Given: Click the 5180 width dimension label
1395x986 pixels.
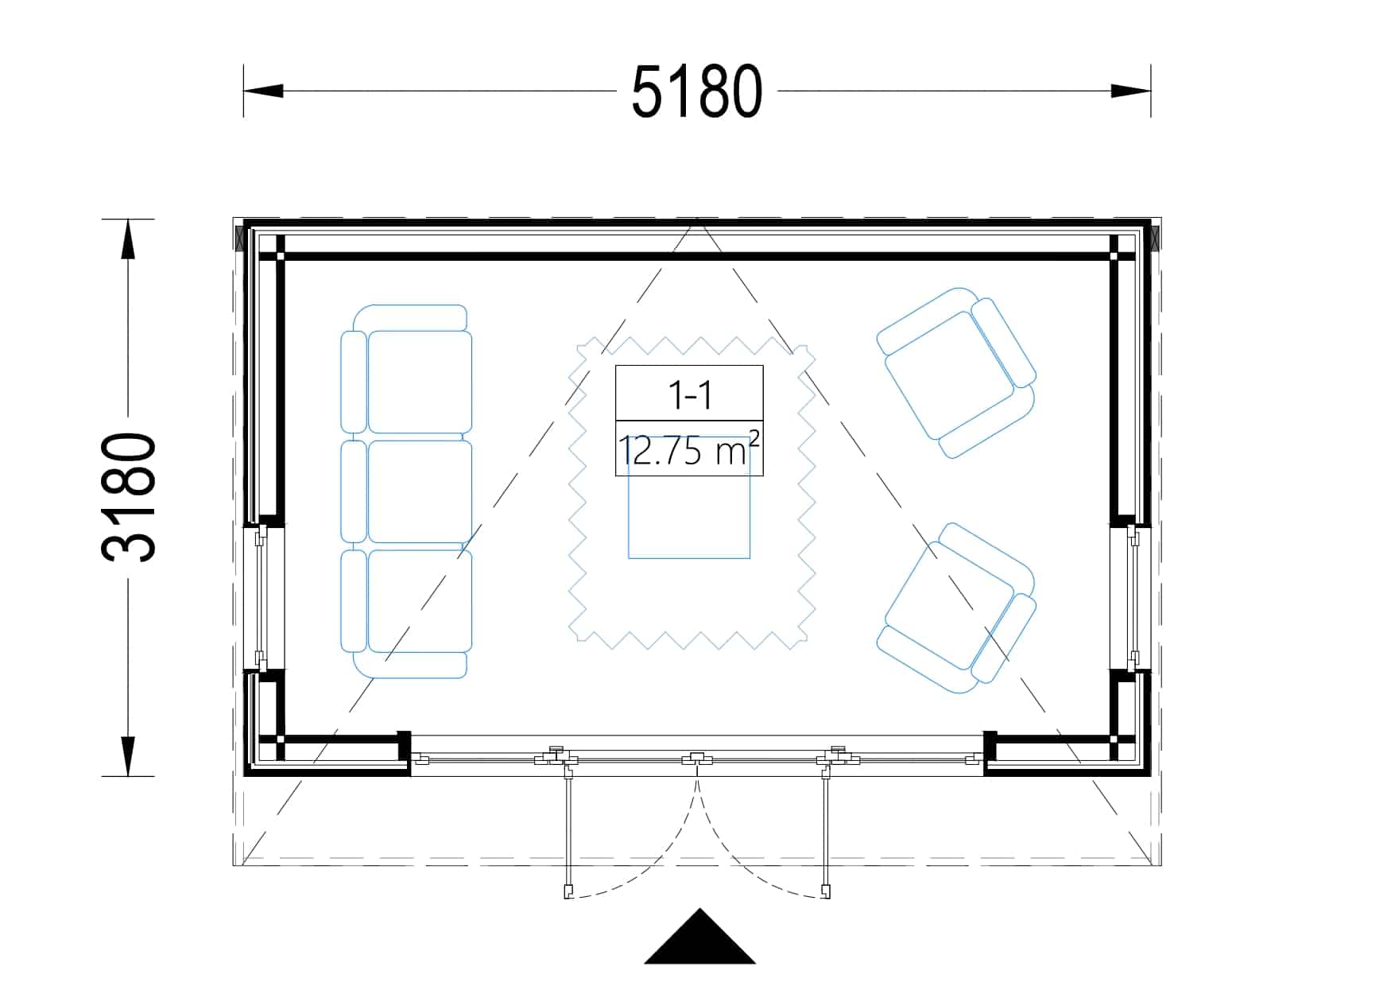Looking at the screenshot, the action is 697,92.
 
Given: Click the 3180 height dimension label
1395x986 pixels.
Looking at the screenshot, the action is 129,497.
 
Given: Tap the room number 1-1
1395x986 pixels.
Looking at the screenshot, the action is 689,394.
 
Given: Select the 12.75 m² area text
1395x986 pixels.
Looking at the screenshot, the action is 689,449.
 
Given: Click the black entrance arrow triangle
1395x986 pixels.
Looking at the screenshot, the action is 699,937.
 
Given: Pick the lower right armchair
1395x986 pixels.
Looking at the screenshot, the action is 956,608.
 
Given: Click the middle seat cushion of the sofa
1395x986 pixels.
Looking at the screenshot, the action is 420,491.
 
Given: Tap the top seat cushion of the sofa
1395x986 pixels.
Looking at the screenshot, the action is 420,382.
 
